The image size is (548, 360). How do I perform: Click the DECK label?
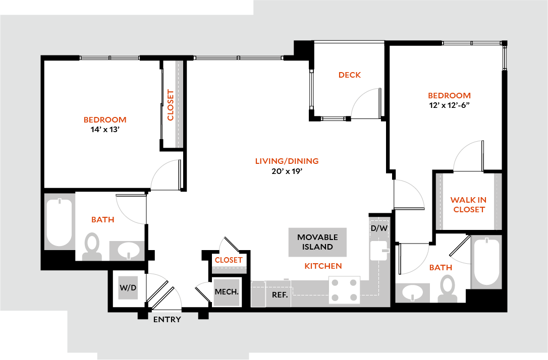pos(350,75)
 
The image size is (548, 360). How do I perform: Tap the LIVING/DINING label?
pos(287,161)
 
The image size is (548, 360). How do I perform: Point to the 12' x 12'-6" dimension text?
pos(449,105)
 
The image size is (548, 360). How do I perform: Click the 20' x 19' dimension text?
pos(287,171)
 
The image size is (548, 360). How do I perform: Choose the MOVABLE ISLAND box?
pos(317,242)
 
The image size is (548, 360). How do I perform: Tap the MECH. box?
pos(227,292)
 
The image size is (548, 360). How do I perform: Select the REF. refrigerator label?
pos(280,295)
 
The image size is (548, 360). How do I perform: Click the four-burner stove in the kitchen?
pos(344,290)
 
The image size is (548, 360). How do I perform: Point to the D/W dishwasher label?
pos(379,228)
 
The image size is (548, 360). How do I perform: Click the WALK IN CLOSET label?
pos(469,205)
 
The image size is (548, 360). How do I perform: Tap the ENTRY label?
pos(167,320)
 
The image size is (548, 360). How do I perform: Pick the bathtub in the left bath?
pos(59,222)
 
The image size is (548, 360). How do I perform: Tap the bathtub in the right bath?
pos(486,263)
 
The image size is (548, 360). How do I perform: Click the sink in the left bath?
pos(127,251)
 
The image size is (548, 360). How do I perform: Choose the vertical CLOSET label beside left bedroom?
pos(171,105)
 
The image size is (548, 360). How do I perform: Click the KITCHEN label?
pos(323,266)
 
